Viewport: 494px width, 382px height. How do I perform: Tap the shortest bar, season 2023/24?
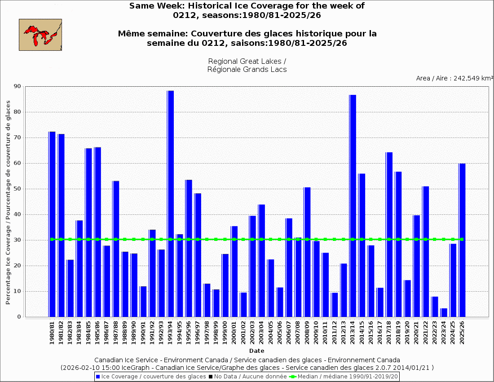pos(444,312)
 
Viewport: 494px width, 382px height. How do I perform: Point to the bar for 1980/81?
pos(52,224)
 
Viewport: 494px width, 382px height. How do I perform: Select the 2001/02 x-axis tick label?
pos(243,333)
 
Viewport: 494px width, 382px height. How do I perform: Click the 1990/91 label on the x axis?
pos(143,333)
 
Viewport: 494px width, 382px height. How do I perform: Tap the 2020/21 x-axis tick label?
pos(416,333)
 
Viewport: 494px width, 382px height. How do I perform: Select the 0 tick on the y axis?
pos(19,317)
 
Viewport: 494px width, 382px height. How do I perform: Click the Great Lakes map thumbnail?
pos(40,35)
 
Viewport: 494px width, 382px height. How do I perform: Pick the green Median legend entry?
pos(344,376)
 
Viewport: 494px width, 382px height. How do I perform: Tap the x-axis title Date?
pos(257,351)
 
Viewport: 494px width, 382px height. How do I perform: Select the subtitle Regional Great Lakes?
pos(247,61)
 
